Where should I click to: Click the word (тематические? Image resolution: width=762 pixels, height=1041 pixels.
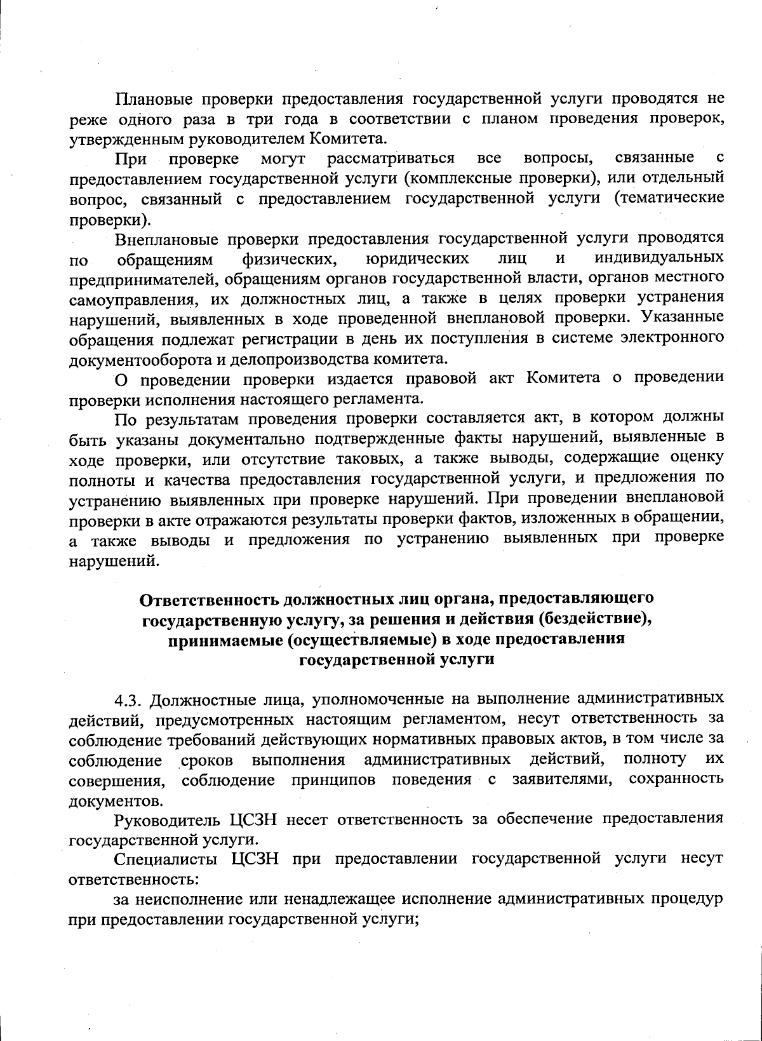point(669,198)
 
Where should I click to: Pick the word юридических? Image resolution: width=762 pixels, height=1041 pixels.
point(418,258)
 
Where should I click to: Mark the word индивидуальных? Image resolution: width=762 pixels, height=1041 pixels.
point(659,258)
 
